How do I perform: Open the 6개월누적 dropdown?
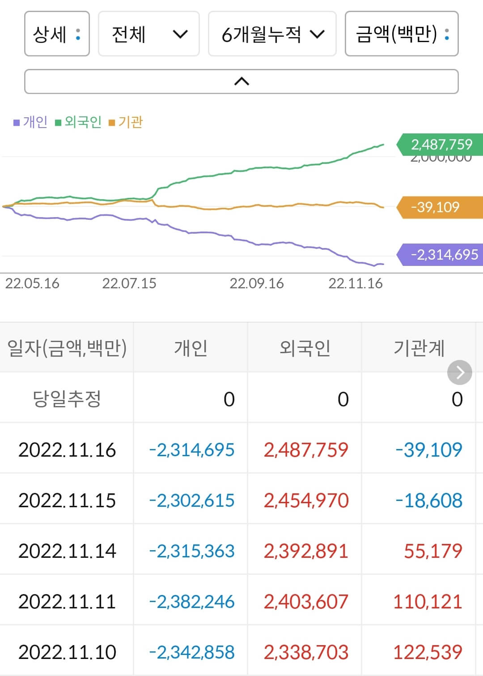[272, 34]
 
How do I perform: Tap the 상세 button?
[57, 34]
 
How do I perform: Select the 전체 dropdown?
[148, 34]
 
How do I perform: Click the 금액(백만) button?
[401, 34]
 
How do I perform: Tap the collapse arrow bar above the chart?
[241, 81]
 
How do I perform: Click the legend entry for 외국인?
[79, 122]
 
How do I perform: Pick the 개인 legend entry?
[30, 122]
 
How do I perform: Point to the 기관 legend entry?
[126, 122]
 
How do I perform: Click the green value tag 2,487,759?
[441, 144]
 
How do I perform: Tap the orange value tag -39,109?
[441, 207]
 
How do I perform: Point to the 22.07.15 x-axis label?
[129, 283]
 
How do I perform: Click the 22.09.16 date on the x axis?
[257, 283]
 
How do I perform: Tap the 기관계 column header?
[419, 348]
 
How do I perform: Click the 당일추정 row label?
[67, 398]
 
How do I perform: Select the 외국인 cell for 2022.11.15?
[306, 500]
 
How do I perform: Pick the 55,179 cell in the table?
[432, 551]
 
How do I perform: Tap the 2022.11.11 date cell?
[67, 601]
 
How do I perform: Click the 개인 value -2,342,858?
[191, 652]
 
